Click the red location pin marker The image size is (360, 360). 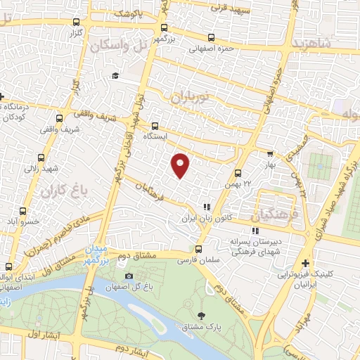point(181,165)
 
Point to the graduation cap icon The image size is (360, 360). point(115,76)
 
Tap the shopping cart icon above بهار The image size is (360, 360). point(270,153)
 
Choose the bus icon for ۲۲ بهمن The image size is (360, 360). point(238,172)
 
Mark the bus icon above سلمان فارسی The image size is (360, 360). point(198,248)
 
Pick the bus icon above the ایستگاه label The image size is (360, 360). point(155,126)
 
